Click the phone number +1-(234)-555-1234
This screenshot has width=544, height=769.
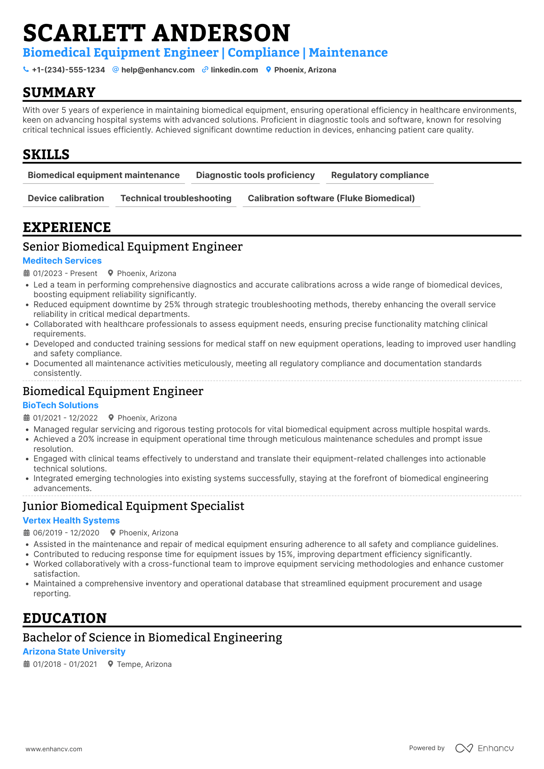(68, 70)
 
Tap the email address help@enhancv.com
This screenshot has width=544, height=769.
(157, 70)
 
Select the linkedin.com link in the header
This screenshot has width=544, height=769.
(234, 70)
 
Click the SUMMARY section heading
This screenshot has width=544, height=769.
(59, 93)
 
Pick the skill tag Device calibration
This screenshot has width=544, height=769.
(66, 198)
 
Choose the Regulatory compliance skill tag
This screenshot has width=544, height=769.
(380, 175)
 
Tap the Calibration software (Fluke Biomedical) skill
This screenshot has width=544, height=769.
(331, 198)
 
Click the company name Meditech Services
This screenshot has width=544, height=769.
(62, 261)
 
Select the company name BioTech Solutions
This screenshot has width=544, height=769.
(61, 405)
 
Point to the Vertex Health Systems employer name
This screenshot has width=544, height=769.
(71, 520)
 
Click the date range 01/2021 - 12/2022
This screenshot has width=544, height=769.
(65, 418)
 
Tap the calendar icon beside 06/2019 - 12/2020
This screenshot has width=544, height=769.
(27, 533)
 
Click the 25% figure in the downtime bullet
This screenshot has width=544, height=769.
(172, 305)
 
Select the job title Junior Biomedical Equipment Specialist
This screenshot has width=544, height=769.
(133, 506)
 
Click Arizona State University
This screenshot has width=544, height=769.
(74, 651)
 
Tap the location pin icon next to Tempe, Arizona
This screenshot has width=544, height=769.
(110, 664)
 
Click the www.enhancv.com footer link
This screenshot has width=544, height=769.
(54, 749)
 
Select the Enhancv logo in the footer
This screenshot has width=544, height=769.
(484, 748)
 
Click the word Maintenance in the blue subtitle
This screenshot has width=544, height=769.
(348, 53)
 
